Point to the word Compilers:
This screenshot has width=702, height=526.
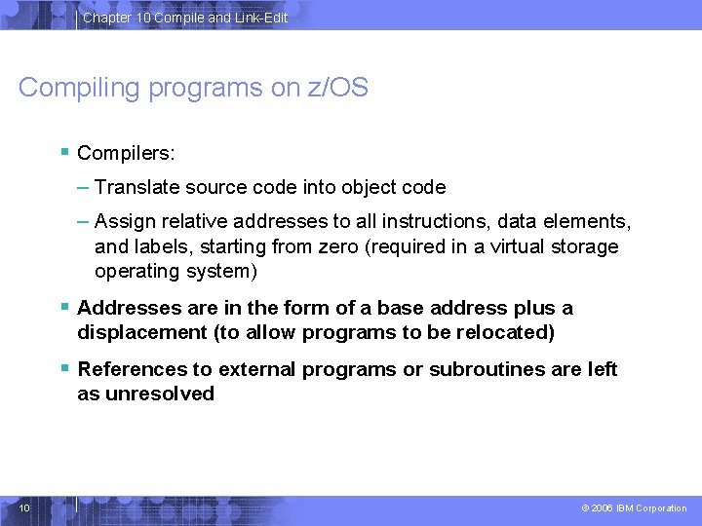pos(126,153)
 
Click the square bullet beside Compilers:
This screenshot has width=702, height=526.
pos(63,151)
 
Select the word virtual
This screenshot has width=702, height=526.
pos(514,246)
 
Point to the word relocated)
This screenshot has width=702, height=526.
pos(507,332)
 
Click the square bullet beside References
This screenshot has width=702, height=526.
pos(63,367)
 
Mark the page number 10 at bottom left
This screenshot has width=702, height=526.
pos(24,507)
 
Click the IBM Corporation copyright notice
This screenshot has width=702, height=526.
pos(634,508)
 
